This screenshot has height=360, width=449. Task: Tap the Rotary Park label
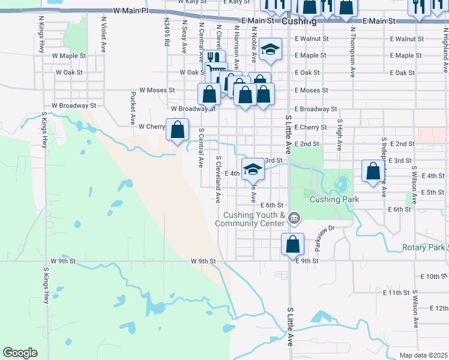(x=423, y=247)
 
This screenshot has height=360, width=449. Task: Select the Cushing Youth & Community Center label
(x=254, y=219)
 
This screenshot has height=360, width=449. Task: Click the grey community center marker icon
(x=294, y=217)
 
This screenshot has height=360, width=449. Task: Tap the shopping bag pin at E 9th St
(x=292, y=244)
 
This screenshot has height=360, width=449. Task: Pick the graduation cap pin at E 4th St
(x=253, y=170)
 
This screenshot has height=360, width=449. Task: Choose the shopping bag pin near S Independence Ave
(x=373, y=172)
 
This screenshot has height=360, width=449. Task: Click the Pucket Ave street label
(x=131, y=109)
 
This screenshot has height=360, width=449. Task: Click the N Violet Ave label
(x=104, y=34)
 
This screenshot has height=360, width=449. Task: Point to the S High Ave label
(x=339, y=135)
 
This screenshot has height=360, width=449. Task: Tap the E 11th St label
(x=396, y=293)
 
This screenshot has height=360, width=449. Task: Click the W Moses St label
(x=157, y=90)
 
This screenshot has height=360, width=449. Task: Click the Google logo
(x=20, y=352)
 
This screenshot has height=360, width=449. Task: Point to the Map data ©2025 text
(x=423, y=355)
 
